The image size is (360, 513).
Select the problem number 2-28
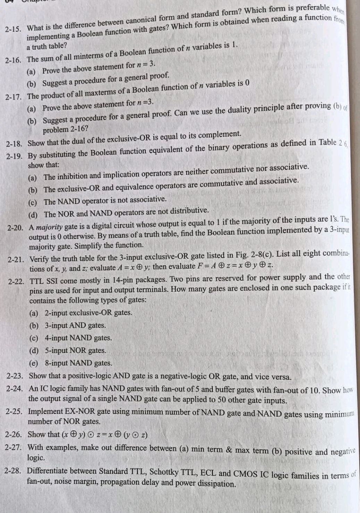tap(14, 471)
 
